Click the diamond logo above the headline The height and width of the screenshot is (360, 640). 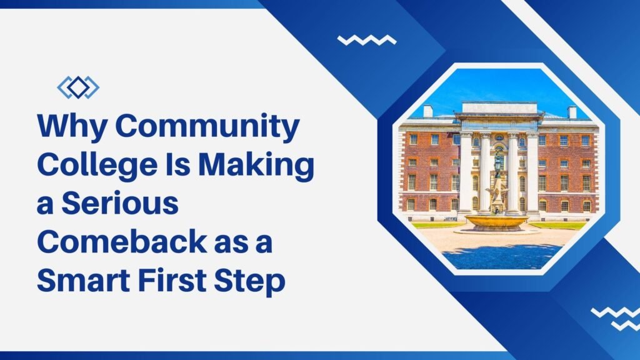coord(78,87)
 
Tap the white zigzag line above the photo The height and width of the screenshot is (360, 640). coord(366,40)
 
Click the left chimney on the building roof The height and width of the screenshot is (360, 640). coord(428,111)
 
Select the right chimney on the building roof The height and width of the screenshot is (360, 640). coord(572,112)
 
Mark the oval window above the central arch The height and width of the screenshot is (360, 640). coord(498,137)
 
